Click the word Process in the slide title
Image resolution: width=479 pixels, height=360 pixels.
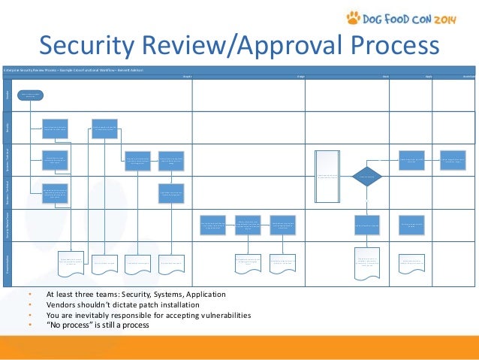coord(392,47)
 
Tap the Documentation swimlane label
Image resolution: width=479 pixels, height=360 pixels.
coord(7,262)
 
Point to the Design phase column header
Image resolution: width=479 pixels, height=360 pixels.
coord(300,76)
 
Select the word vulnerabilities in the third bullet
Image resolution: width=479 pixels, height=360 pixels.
coord(217,316)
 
